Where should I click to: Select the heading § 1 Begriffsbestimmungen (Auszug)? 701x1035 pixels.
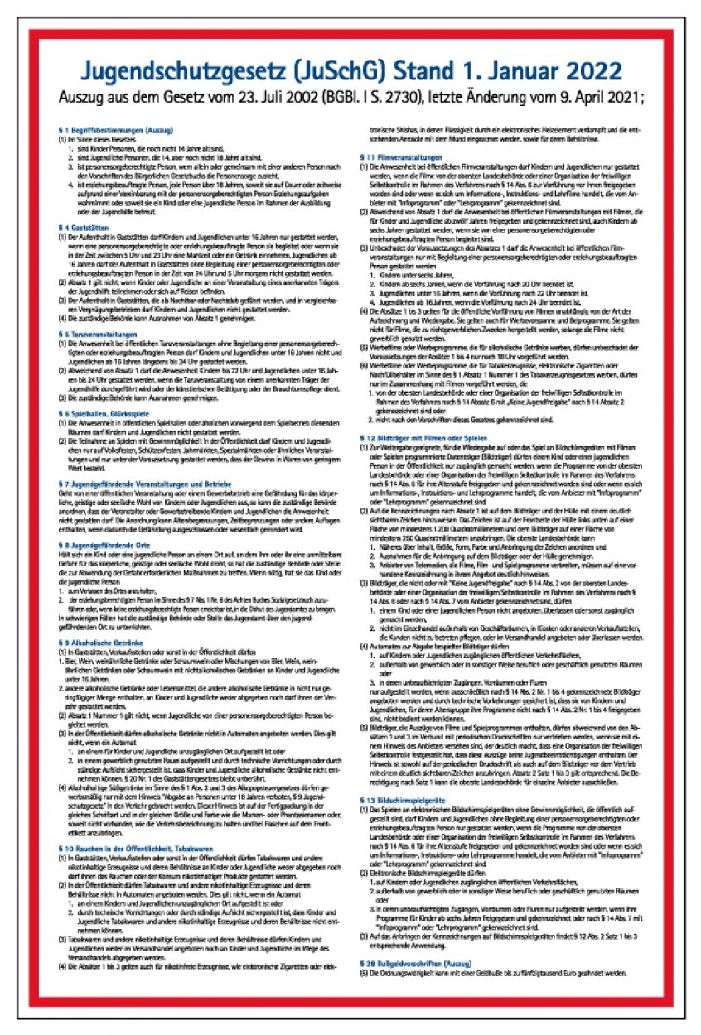click(x=108, y=131)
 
